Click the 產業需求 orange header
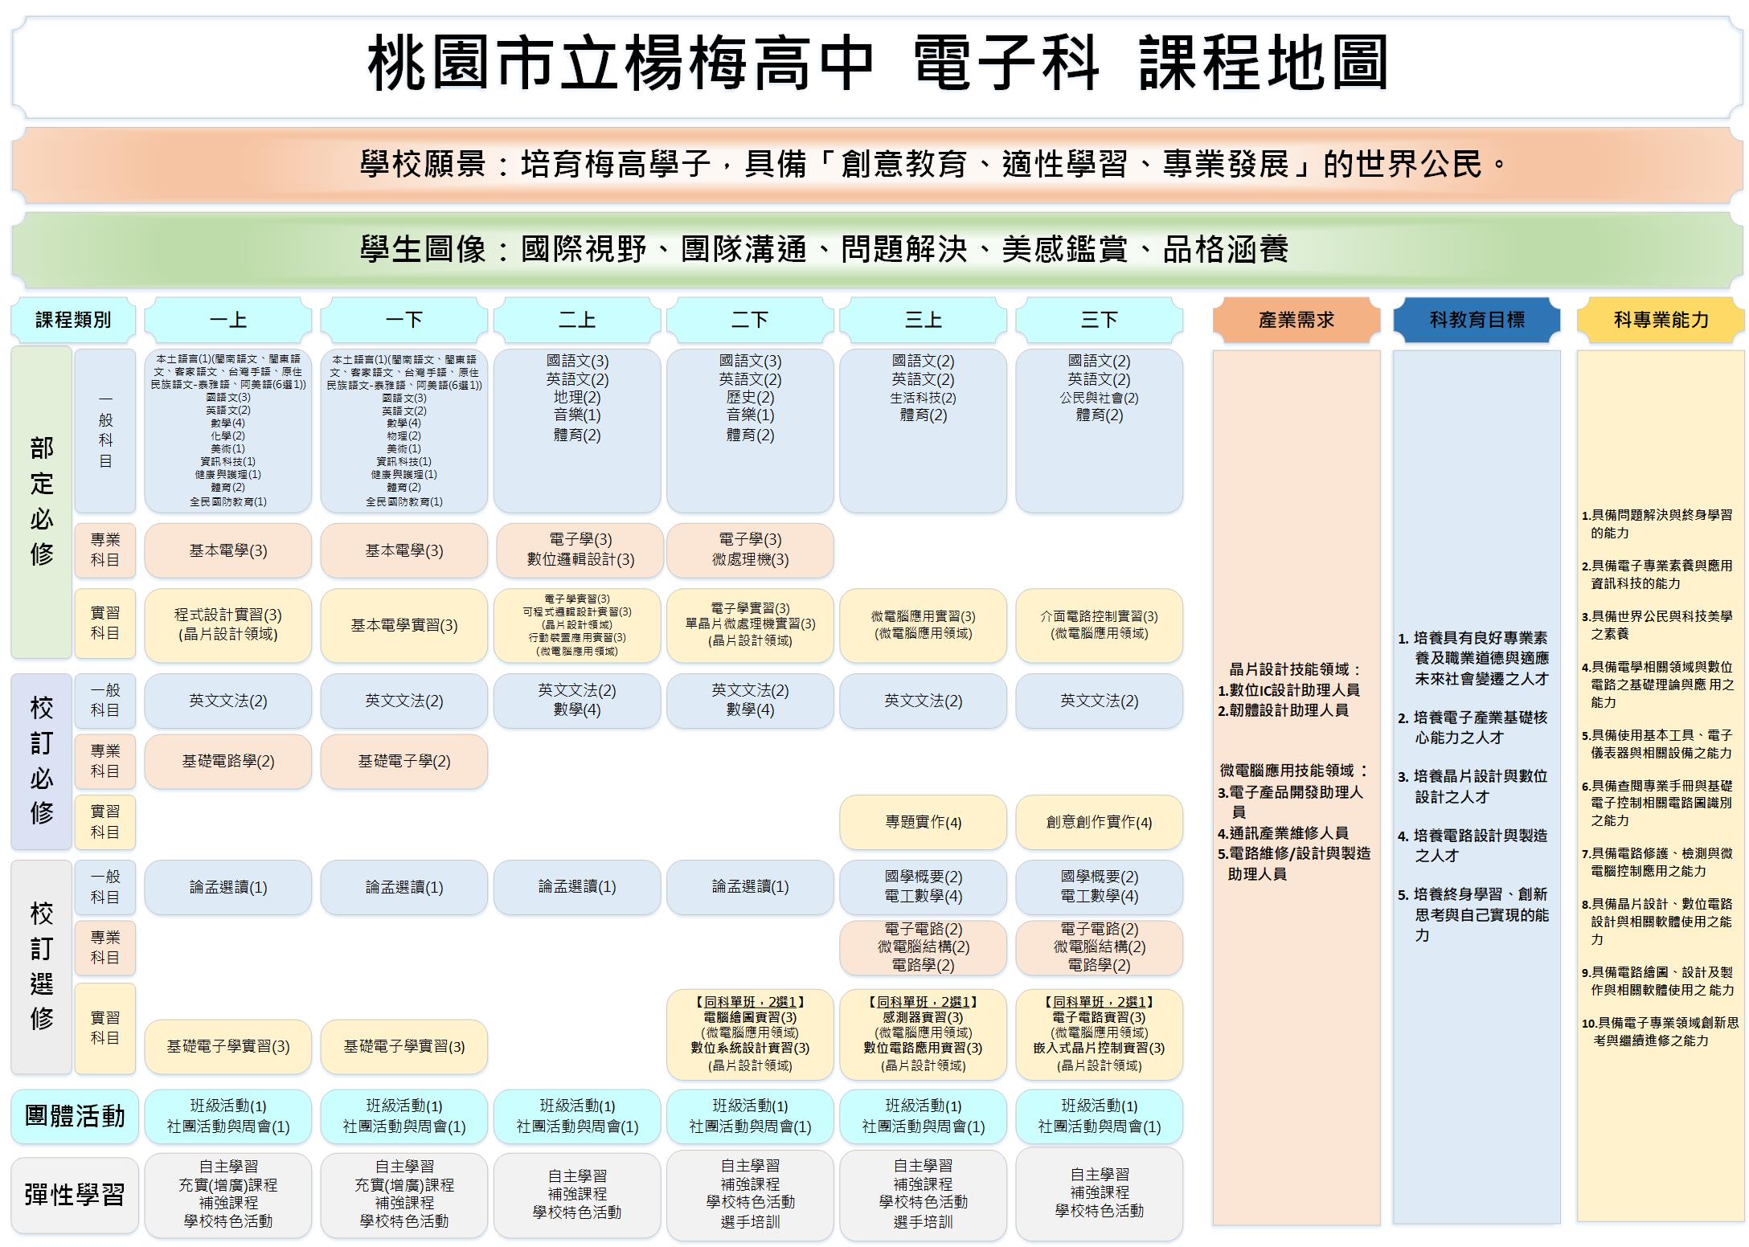point(1296,320)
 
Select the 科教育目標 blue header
point(1477,320)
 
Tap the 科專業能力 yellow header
point(1661,320)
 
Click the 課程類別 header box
point(73,320)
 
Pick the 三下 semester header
point(1099,320)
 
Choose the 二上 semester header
point(577,320)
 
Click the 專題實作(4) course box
point(923,822)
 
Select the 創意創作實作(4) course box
point(1099,822)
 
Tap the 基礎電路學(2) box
point(228,761)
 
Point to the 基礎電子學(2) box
point(404,761)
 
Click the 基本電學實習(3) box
point(404,625)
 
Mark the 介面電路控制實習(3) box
point(1099,625)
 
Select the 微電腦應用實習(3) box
point(923,625)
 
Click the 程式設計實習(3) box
point(228,625)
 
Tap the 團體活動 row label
point(75,1116)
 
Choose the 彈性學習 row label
point(75,1195)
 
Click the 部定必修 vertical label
point(42,502)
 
